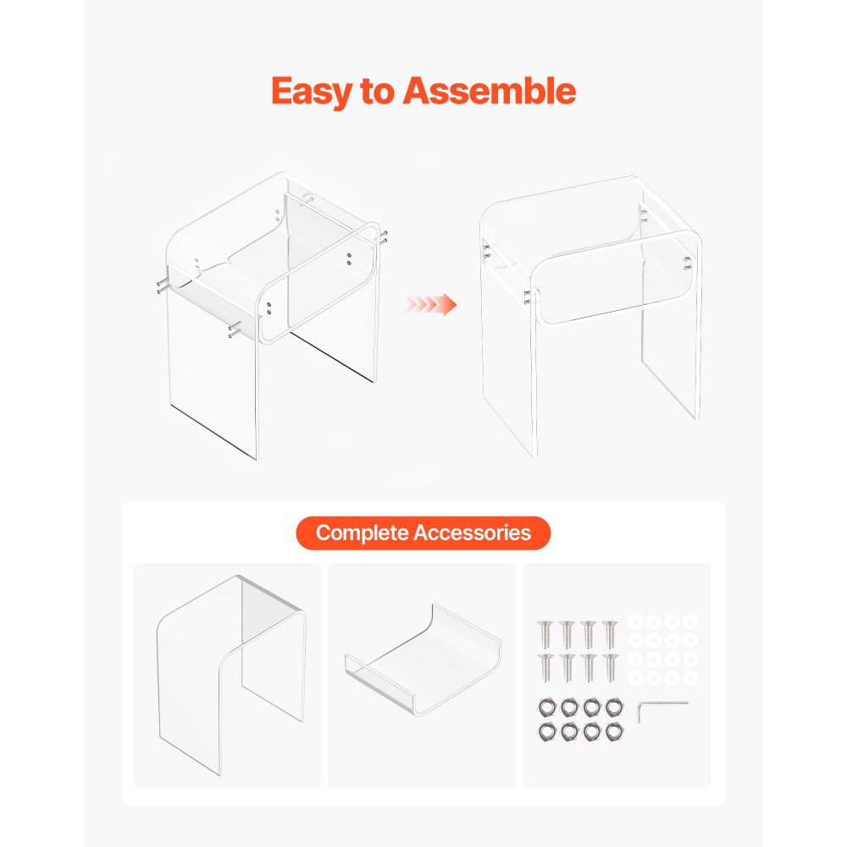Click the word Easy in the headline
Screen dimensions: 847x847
(x=312, y=91)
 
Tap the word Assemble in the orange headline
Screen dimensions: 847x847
(x=490, y=91)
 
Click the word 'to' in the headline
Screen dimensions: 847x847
(x=377, y=91)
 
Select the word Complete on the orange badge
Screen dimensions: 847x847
(x=362, y=533)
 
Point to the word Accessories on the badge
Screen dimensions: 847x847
(x=473, y=533)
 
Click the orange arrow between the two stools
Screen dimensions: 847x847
(x=431, y=304)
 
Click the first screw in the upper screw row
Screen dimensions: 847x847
(x=545, y=634)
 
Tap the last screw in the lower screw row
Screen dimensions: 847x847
(x=610, y=667)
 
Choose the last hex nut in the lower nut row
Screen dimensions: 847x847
(x=614, y=732)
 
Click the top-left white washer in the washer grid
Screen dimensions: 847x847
(x=636, y=623)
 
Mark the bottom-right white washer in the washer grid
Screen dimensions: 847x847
(x=690, y=678)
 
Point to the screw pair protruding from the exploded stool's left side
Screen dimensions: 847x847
(x=163, y=286)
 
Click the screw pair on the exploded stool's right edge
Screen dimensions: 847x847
(x=384, y=238)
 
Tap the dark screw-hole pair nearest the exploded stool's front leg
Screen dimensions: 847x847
(x=268, y=308)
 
